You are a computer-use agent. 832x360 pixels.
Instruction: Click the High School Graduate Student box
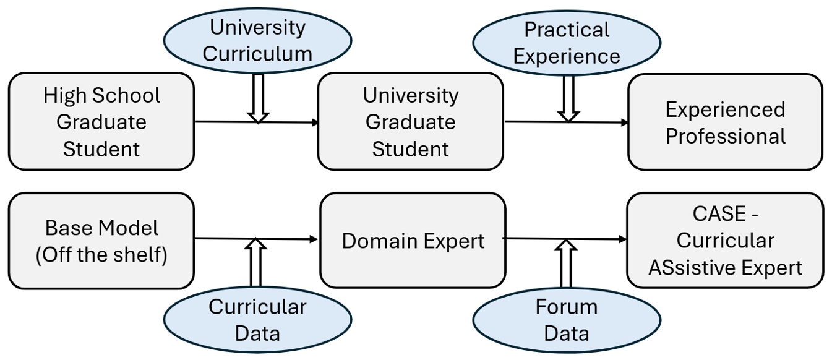click(x=101, y=121)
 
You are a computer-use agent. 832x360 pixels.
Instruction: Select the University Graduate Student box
click(x=410, y=121)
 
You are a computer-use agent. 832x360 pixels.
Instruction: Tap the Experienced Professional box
click(x=725, y=121)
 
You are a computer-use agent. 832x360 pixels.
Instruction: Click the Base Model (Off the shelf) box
click(x=101, y=241)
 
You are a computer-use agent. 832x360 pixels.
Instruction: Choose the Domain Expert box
click(x=413, y=241)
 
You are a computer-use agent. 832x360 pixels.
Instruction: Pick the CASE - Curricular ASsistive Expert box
click(x=725, y=241)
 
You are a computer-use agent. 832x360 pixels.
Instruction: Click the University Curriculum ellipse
click(x=257, y=40)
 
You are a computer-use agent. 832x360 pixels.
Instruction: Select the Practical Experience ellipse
click(x=567, y=43)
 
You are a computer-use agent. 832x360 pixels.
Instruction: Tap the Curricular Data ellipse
click(x=257, y=320)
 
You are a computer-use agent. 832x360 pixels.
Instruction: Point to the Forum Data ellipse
click(x=567, y=320)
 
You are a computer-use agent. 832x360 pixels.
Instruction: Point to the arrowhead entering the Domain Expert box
click(x=315, y=239)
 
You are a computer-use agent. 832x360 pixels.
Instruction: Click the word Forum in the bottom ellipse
click(x=567, y=307)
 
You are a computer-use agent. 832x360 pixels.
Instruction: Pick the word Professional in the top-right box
click(x=725, y=135)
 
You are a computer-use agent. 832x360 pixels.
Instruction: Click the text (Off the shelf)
click(x=101, y=254)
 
